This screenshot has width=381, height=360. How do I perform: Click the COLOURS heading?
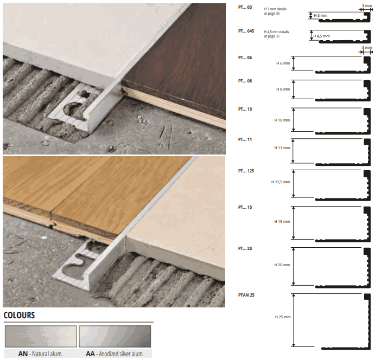coord(19,315)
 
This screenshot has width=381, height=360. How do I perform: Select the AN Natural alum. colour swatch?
coord(41,337)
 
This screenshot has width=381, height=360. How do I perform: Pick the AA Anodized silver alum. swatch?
coord(115,337)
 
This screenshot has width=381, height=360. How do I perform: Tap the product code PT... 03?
coord(245,7)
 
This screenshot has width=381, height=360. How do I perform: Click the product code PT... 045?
coord(246,31)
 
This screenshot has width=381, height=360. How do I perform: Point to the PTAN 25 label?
coord(246,295)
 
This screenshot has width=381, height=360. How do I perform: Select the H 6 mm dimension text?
coord(283,63)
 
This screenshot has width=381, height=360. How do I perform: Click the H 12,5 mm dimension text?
coord(281,182)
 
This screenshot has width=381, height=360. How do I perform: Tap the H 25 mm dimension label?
coord(283,317)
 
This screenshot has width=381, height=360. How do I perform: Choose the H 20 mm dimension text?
coord(282,265)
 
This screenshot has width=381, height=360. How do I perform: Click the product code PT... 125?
coord(246,171)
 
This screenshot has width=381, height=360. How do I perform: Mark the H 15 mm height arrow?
coord(294,223)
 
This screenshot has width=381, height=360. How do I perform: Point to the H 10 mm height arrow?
coord(294,120)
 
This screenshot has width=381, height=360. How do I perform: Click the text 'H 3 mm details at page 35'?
coord(275,11)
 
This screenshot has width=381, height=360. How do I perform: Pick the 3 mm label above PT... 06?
coord(367,48)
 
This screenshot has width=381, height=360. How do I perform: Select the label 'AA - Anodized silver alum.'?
coord(115,354)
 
